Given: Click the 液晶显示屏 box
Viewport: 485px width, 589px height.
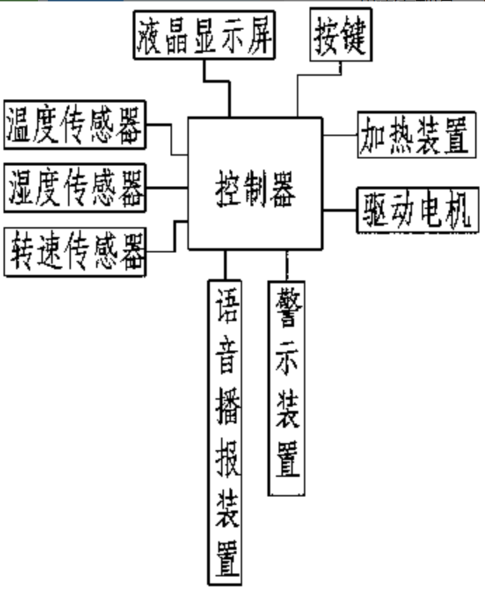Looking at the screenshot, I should (x=204, y=36).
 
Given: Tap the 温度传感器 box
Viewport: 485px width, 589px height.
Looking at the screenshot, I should (x=74, y=126).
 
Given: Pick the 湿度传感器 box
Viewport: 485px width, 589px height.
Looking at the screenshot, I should (x=74, y=187).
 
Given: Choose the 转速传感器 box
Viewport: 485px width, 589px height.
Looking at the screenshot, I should (x=74, y=250).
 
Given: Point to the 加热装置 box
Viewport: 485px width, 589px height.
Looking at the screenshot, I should (x=414, y=134).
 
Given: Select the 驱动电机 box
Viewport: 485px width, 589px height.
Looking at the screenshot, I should (x=418, y=209).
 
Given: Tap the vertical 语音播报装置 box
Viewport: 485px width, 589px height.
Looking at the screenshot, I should (x=226, y=431).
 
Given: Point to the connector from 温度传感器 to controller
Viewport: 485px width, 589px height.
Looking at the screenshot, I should (x=172, y=139).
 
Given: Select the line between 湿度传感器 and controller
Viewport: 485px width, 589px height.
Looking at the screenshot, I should (x=167, y=187).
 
